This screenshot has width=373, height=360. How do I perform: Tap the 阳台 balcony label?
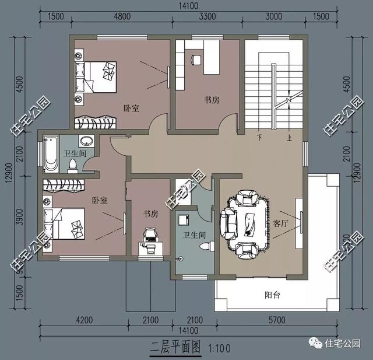pyautogui.click(x=272, y=295)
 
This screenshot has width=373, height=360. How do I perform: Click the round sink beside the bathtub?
pyautogui.click(x=87, y=142)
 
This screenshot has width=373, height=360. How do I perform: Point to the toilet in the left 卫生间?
pyautogui.click(x=72, y=167)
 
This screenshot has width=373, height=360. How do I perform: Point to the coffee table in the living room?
pyautogui.click(x=251, y=222)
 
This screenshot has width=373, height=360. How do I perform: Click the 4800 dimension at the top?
pyautogui.click(x=122, y=16)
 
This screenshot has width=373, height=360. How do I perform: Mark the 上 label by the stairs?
pyautogui.click(x=288, y=138)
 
